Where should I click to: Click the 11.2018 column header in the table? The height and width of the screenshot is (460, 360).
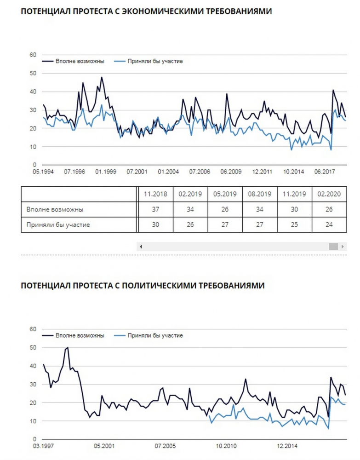(155, 194)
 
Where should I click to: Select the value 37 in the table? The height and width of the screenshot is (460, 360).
(155, 209)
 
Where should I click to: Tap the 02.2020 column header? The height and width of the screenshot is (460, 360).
(329, 194)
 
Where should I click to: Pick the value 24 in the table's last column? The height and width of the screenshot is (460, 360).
(329, 224)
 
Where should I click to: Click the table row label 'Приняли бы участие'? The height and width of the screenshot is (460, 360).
(58, 225)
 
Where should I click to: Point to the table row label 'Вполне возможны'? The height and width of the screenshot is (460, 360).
(55, 209)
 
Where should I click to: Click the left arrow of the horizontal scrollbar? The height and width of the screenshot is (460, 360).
(141, 247)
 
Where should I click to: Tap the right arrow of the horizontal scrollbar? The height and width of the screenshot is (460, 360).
(343, 247)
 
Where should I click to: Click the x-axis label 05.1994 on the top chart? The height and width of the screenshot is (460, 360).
(43, 172)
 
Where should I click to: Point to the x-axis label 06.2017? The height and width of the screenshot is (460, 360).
(325, 172)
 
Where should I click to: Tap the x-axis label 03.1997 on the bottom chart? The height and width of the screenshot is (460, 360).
(43, 446)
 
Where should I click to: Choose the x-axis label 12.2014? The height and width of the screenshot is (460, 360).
(287, 446)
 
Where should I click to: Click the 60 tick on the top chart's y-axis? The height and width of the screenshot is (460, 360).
(33, 55)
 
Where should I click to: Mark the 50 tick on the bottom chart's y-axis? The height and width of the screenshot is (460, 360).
(33, 347)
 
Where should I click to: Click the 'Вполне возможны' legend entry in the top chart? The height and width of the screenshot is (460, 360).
(73, 61)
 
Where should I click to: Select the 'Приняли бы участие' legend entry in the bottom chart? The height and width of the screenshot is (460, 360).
(149, 335)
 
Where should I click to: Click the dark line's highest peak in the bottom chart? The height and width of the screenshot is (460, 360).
(68, 347)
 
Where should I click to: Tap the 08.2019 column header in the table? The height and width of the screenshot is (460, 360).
(259, 194)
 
